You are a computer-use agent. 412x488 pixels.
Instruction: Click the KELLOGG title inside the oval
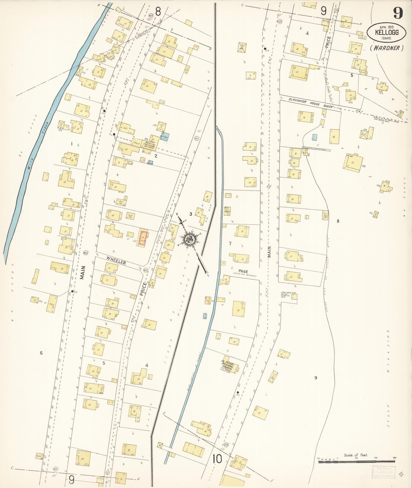387,32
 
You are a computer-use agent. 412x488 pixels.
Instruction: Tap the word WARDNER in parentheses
387,48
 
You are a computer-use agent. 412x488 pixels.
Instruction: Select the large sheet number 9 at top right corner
398,13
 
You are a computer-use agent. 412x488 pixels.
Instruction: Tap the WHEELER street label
116,261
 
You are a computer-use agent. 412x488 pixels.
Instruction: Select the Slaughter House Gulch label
310,103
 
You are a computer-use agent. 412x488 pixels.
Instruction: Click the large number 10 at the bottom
217,459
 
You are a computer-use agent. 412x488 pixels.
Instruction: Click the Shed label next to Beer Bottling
137,143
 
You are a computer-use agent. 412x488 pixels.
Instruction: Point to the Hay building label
52,304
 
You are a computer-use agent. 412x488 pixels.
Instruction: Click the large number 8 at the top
158,11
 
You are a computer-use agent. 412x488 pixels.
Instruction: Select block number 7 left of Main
230,243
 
